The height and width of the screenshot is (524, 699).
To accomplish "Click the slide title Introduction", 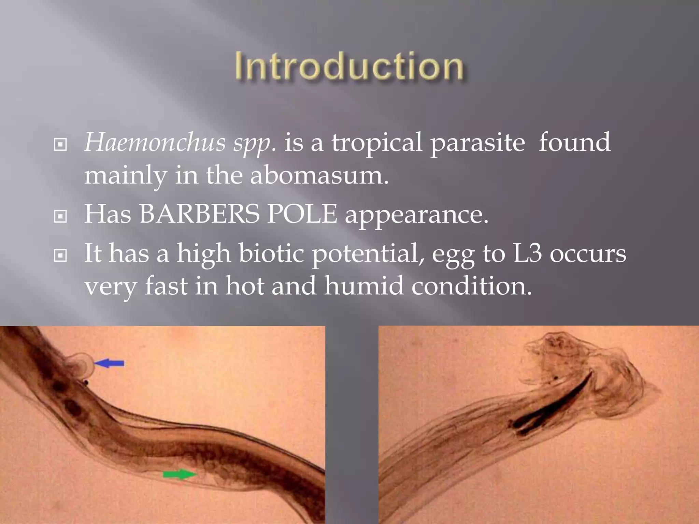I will point(349,67).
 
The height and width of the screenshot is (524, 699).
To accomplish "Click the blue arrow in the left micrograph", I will point(109,363).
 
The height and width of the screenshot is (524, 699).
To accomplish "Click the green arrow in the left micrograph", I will point(180,474).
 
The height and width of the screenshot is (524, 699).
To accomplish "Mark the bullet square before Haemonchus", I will point(60,145).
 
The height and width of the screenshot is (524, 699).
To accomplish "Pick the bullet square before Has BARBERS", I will point(60,216).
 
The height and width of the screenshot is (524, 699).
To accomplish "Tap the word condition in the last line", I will point(471,286).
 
